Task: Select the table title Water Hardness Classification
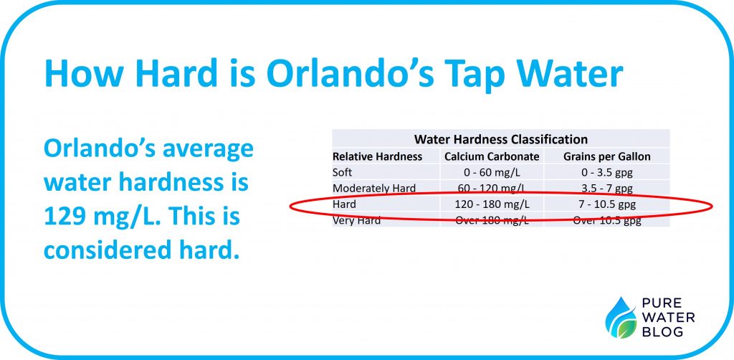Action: tap(500, 139)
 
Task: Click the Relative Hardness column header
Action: tap(377, 156)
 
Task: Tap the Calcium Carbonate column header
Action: tap(491, 156)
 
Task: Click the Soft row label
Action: tap(343, 173)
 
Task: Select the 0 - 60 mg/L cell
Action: tap(491, 173)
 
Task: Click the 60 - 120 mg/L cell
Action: tap(491, 189)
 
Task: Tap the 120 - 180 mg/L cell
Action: tap(491, 204)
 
